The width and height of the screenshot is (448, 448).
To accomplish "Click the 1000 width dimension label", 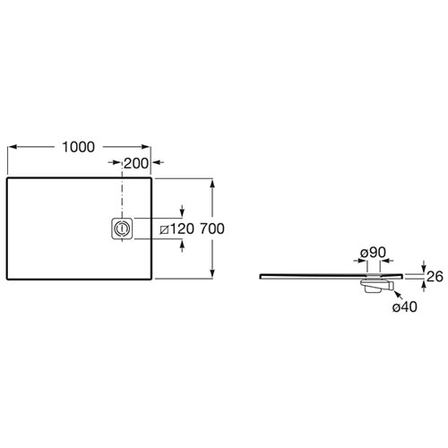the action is (x=78, y=147).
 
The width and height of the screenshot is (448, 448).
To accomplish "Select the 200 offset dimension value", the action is (x=136, y=163).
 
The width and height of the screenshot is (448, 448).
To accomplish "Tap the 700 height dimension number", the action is (x=212, y=228).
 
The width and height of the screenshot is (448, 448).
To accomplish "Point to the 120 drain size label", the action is (x=182, y=229).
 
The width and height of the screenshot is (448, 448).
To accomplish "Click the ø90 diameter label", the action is (x=373, y=253).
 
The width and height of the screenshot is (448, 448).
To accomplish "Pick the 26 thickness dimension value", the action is (x=435, y=277).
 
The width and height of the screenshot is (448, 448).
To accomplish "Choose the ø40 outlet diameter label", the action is (x=405, y=306).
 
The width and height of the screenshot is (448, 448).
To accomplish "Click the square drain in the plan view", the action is (x=122, y=228).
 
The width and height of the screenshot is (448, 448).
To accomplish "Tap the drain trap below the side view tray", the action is (x=376, y=286).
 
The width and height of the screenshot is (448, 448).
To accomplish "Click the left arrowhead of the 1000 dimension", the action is (x=12, y=147).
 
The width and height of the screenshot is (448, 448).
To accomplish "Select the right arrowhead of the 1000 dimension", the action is (x=145, y=147).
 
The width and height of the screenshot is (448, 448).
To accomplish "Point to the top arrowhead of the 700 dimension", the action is (x=212, y=183).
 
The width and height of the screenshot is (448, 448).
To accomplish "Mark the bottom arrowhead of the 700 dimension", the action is (x=212, y=273).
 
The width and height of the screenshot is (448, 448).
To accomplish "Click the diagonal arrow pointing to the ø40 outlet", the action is (x=399, y=295).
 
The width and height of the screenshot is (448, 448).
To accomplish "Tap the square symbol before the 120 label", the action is (x=164, y=229).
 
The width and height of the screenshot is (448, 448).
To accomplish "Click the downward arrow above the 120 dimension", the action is (x=182, y=211).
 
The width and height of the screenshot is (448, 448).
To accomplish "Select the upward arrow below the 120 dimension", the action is (x=182, y=246).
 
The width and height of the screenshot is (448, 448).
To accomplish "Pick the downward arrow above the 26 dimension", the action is (x=424, y=266).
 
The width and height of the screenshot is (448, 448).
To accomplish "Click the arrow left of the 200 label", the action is (x=115, y=162).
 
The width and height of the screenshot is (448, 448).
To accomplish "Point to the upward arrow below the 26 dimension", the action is (x=424, y=286).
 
